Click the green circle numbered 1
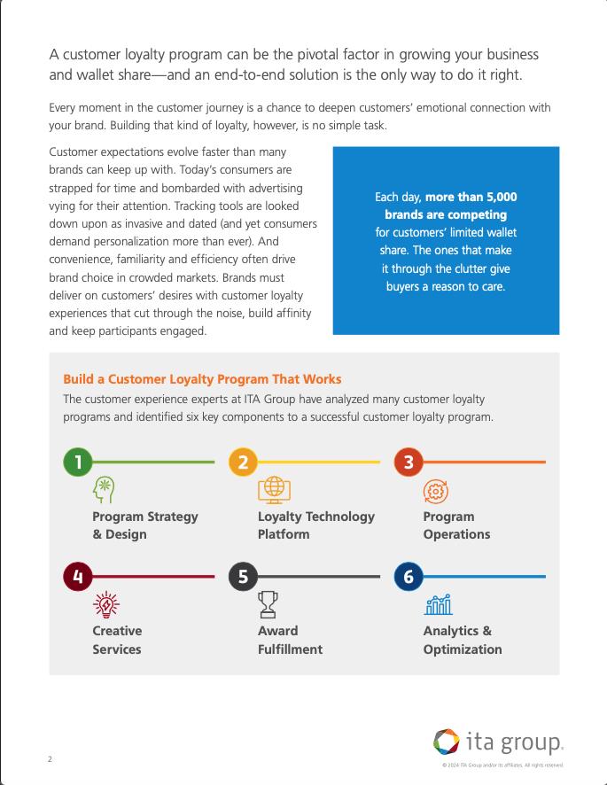pyautogui.click(x=78, y=462)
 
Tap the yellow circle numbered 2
pyautogui.click(x=243, y=462)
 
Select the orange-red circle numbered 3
pyautogui.click(x=409, y=462)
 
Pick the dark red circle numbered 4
pyautogui.click(x=78, y=577)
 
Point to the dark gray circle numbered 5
pyautogui.click(x=243, y=577)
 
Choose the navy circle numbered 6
pyautogui.click(x=409, y=577)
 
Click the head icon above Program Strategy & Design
pyautogui.click(x=105, y=490)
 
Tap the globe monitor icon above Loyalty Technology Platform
pyautogui.click(x=274, y=489)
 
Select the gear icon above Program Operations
pyautogui.click(x=436, y=491)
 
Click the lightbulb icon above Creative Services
pyautogui.click(x=105, y=604)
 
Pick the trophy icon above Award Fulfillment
pyautogui.click(x=268, y=604)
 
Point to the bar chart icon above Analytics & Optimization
pyautogui.click(x=438, y=604)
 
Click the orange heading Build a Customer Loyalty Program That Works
pyautogui.click(x=202, y=379)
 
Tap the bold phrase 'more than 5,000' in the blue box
pyautogui.click(x=471, y=197)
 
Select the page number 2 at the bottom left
pyautogui.click(x=50, y=759)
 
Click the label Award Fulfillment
pyautogui.click(x=290, y=640)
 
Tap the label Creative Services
pyautogui.click(x=117, y=640)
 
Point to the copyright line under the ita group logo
pyautogui.click(x=502, y=765)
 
